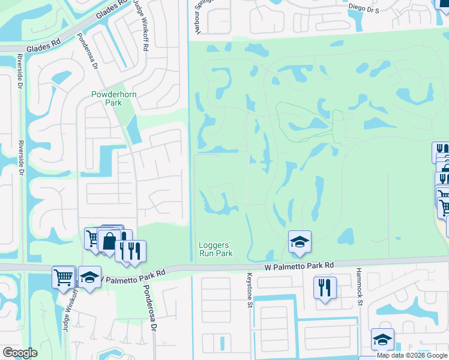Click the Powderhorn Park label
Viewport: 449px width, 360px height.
tap(106, 98)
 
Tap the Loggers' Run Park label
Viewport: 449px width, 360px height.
tap(215, 249)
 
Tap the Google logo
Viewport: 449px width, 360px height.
tap(20, 353)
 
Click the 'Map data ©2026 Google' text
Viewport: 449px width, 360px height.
tap(412, 355)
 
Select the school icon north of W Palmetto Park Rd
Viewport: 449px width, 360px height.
tap(300, 242)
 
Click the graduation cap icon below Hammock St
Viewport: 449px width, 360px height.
tap(382, 340)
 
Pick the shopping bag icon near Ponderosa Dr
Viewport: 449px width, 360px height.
tap(109, 241)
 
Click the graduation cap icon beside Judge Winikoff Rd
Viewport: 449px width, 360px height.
tap(90, 277)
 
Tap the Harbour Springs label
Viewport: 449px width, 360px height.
tap(196, 18)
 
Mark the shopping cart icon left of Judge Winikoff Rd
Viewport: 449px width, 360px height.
tap(63, 277)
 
